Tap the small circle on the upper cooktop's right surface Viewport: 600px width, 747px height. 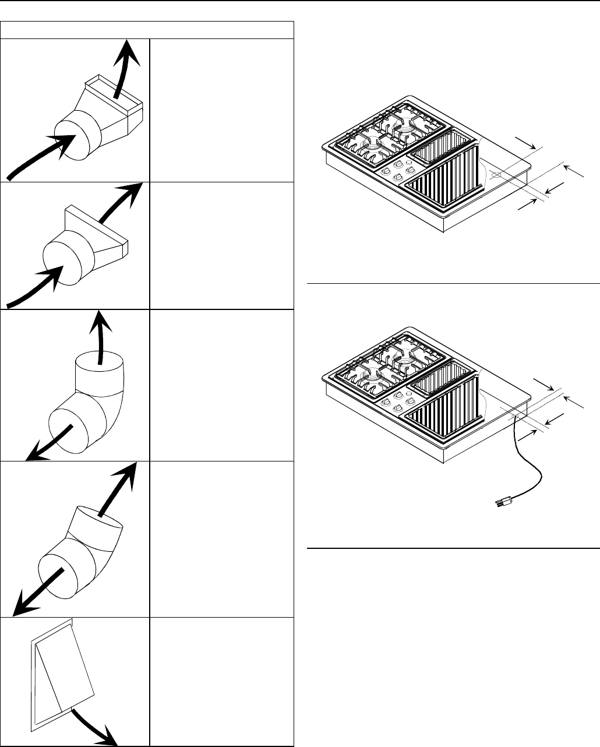(x=496, y=174)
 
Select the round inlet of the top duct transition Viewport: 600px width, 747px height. (x=78, y=136)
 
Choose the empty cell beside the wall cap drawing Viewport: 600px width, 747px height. (x=221, y=681)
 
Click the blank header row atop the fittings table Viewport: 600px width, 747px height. (x=147, y=30)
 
